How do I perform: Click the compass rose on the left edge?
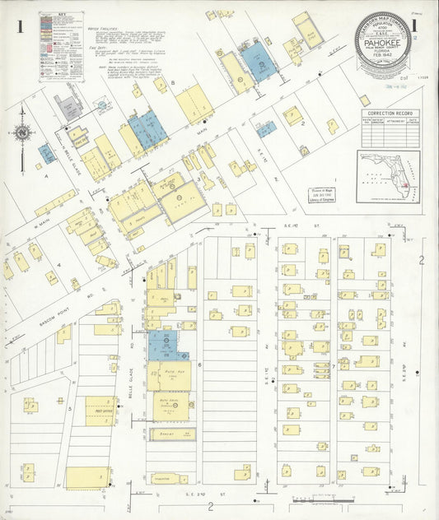[23, 133]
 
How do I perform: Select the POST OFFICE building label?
[104, 410]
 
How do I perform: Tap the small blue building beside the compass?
[45, 154]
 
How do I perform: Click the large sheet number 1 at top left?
[19, 26]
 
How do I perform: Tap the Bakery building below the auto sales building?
[171, 434]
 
